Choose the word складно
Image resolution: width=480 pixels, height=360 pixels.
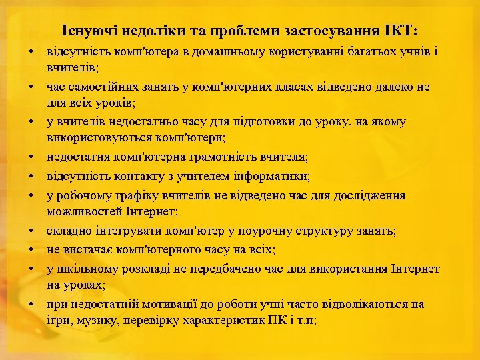tap(65, 231)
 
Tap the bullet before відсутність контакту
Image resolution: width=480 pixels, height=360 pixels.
tap(32, 177)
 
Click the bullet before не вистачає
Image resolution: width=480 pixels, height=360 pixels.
tap(32, 250)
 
